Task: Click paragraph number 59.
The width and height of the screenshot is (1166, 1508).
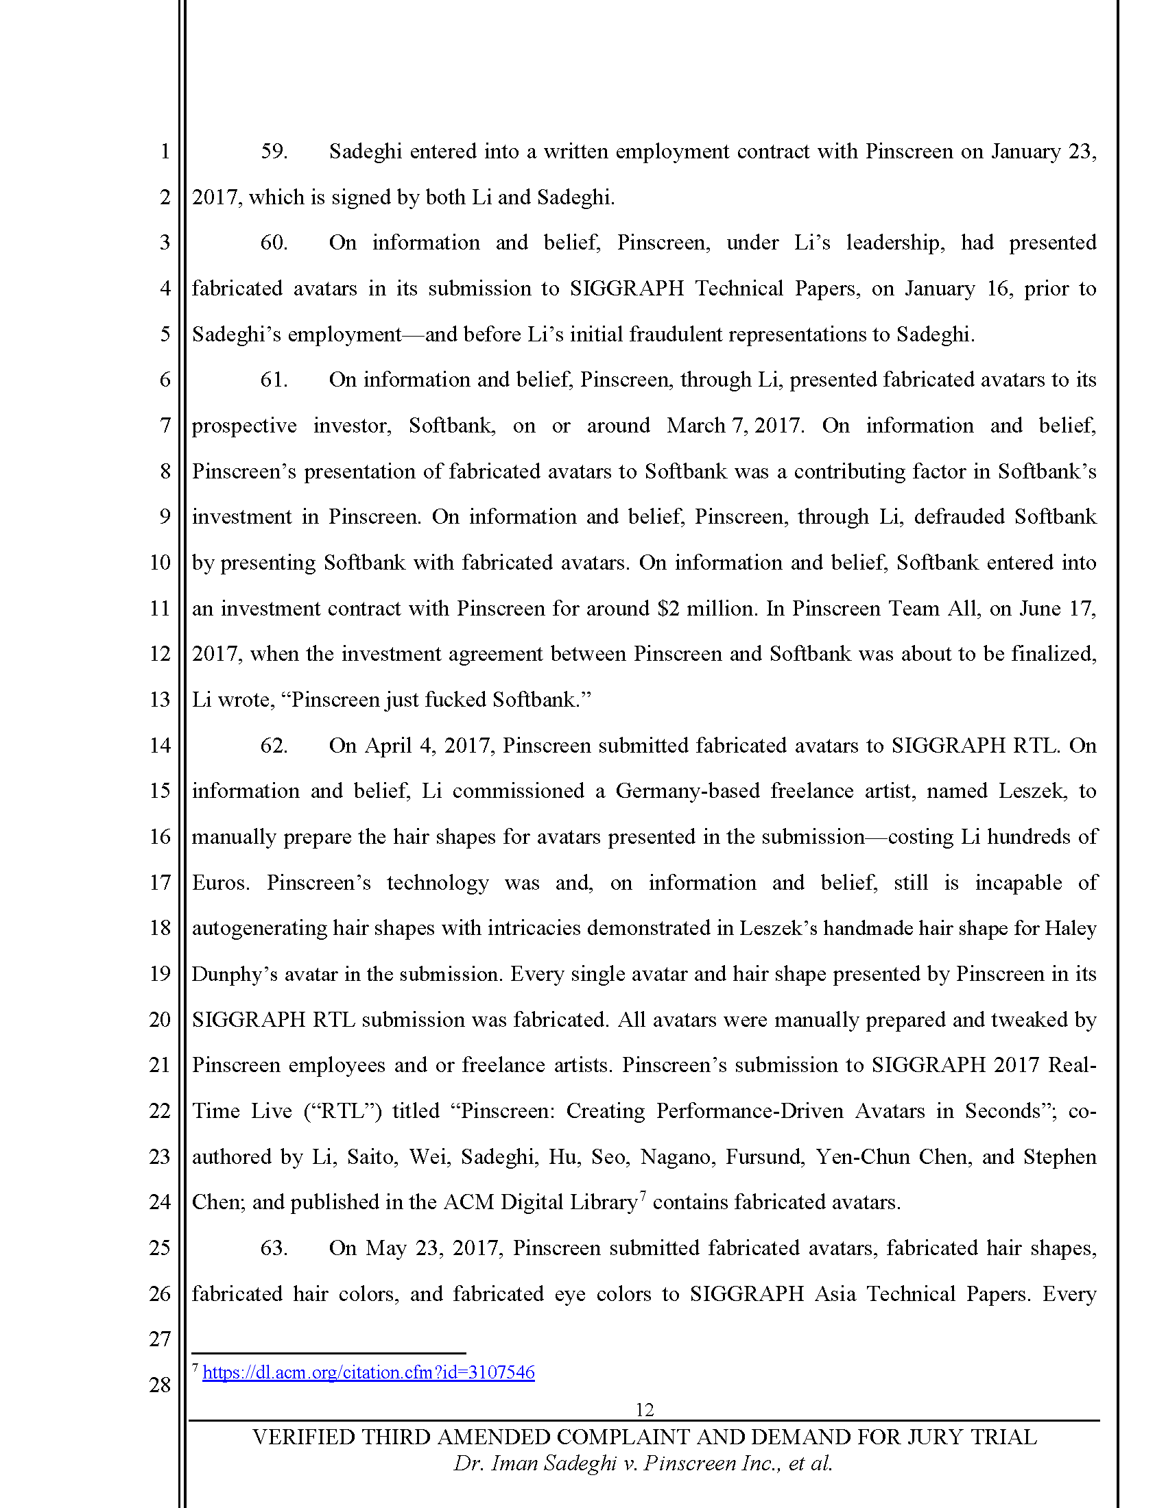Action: (274, 151)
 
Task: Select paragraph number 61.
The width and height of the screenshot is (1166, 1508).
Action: (274, 380)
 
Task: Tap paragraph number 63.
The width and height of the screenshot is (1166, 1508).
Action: (274, 1248)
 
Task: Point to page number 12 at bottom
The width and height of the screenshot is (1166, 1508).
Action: (644, 1409)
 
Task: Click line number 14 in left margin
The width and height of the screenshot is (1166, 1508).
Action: (160, 745)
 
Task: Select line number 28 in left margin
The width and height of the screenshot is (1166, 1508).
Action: (160, 1385)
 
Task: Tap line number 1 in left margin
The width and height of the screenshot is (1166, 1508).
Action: (165, 151)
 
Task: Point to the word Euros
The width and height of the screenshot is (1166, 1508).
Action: (219, 882)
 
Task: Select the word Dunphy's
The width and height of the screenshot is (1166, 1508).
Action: (234, 973)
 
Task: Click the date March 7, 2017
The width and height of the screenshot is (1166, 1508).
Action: (735, 426)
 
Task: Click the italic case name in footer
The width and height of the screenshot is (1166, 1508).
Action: (643, 1463)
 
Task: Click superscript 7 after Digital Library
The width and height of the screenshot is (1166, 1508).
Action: (643, 1195)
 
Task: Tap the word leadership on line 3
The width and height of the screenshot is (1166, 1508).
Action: (894, 243)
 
